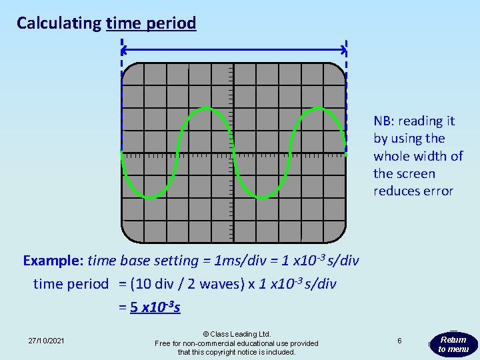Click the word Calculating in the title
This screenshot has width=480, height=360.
click(x=59, y=23)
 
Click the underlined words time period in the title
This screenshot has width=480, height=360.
click(x=151, y=23)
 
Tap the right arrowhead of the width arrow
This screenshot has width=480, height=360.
click(x=343, y=49)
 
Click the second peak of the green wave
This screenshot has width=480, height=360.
click(x=319, y=109)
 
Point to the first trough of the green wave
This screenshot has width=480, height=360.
click(x=151, y=197)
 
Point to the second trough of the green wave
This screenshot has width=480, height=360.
click(x=263, y=197)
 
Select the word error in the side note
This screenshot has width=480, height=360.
click(x=437, y=191)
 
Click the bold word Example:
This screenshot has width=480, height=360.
click(x=53, y=261)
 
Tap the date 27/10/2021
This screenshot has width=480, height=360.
click(x=47, y=341)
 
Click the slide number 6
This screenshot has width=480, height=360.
click(x=399, y=341)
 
